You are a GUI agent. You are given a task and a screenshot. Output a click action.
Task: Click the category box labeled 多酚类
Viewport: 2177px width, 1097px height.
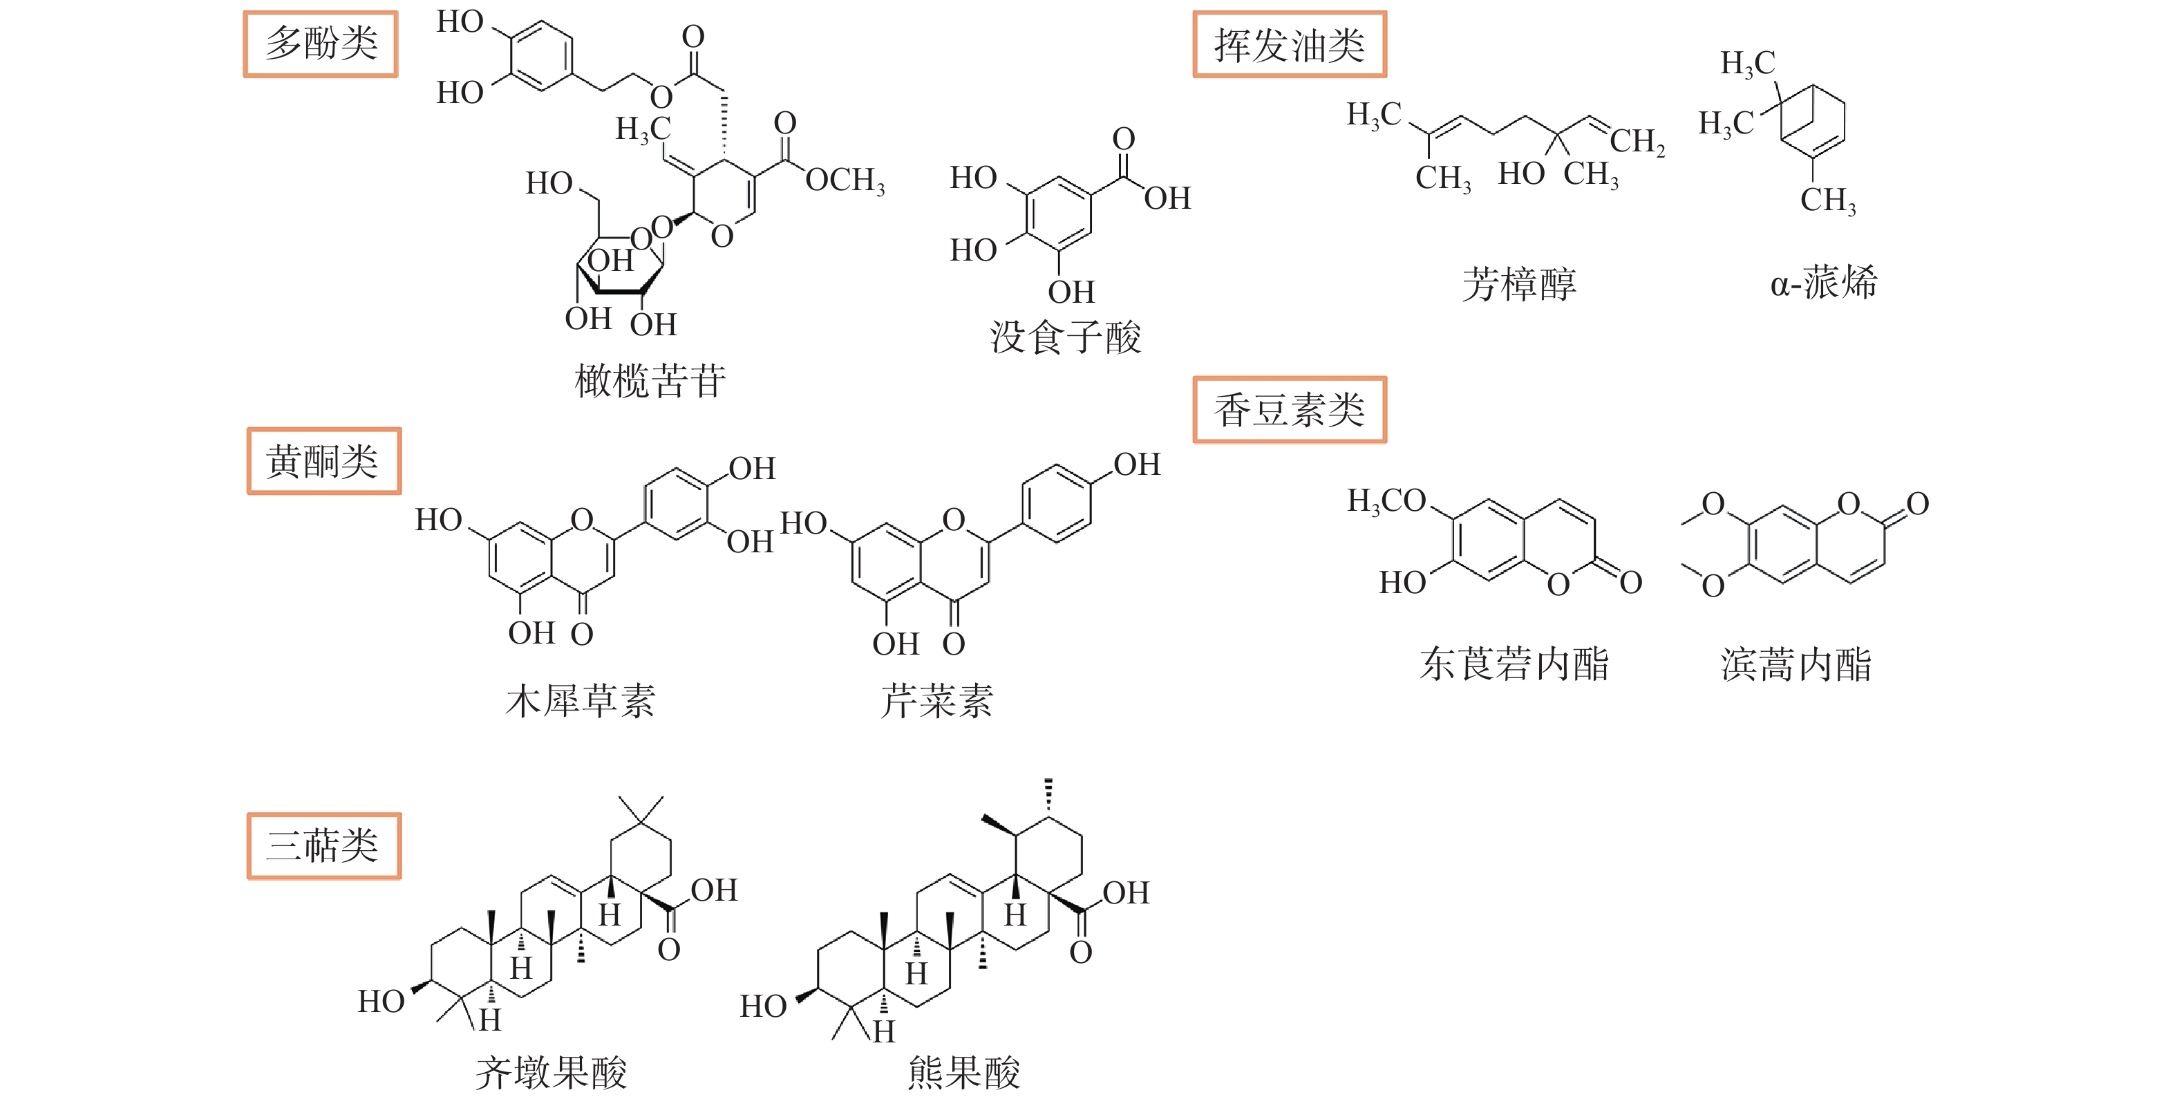tap(320, 44)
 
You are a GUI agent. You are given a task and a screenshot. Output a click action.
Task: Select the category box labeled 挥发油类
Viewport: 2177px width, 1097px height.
tap(1289, 45)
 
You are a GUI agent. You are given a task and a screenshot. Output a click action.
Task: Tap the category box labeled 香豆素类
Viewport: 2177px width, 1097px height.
tap(1289, 410)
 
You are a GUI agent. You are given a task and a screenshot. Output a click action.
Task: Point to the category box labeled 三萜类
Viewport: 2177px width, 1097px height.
tap(323, 846)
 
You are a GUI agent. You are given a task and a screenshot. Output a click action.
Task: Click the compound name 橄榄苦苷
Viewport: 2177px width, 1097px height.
tap(650, 381)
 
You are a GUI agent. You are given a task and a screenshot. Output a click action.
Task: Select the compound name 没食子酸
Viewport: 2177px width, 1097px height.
tap(1065, 337)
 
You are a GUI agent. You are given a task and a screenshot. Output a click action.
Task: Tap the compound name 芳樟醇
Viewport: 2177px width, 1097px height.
tap(1518, 284)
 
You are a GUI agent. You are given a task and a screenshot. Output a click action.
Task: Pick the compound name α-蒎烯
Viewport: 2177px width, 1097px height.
tap(1824, 282)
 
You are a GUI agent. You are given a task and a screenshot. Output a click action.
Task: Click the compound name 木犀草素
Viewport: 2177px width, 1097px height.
tap(580, 702)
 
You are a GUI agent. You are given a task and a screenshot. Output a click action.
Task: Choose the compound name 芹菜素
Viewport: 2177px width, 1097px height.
tap(936, 702)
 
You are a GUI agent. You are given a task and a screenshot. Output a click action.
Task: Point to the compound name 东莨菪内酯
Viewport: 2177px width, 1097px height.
tap(1514, 664)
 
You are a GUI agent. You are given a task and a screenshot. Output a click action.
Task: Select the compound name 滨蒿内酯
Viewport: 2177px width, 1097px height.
tap(1796, 664)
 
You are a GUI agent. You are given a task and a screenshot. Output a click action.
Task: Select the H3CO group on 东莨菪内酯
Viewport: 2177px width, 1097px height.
tap(1386, 501)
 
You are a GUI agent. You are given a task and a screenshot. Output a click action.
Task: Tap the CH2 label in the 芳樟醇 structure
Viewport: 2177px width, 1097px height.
tap(1637, 141)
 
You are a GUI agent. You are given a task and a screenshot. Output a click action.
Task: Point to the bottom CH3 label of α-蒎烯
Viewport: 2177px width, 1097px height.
tap(1828, 201)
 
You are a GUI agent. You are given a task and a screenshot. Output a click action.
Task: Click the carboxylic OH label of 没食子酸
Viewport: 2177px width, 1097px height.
tap(1167, 198)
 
